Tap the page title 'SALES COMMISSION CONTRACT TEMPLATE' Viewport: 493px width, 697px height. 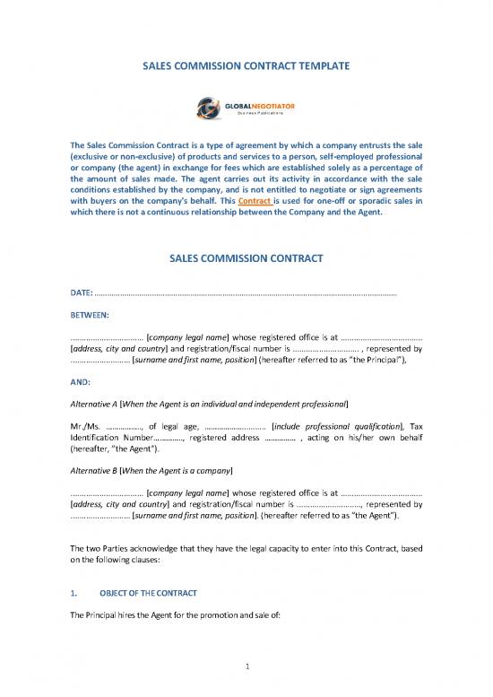246,65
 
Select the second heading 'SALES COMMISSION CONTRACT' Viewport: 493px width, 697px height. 246,261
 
